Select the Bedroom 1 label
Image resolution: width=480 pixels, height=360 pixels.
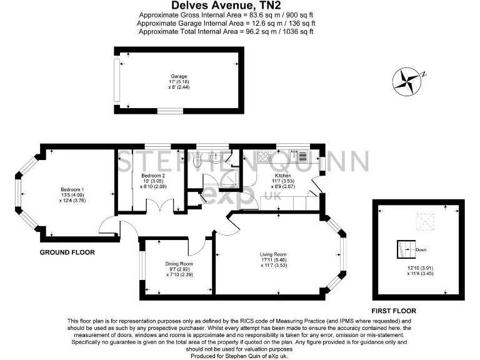pos(72,189)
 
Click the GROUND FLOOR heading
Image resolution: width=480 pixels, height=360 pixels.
pos(67,252)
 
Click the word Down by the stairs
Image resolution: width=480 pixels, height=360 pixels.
pos(422,250)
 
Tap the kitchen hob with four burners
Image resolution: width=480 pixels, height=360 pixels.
pos(261,156)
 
